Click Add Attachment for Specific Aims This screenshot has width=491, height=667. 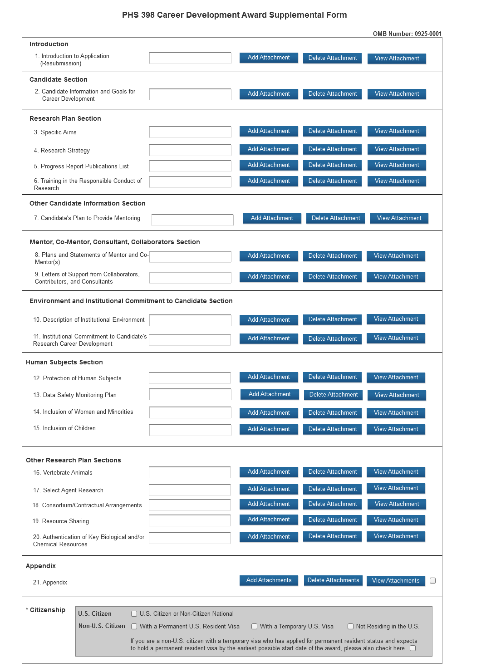[x=269, y=131]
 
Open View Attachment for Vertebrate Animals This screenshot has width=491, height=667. [x=396, y=472]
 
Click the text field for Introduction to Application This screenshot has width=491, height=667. [x=190, y=58]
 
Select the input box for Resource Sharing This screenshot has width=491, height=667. [x=190, y=520]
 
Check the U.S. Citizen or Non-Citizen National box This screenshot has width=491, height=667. [x=134, y=614]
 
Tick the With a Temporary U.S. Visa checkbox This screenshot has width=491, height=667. [x=255, y=627]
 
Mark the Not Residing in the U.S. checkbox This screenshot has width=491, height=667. [x=350, y=627]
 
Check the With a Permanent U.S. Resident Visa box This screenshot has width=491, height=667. [x=134, y=627]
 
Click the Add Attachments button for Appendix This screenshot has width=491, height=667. [x=269, y=580]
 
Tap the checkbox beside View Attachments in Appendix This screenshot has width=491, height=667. [x=432, y=580]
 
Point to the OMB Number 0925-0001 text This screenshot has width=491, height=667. [x=407, y=34]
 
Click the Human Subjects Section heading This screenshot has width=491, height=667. [x=64, y=362]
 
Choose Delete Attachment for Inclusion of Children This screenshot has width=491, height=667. [x=332, y=429]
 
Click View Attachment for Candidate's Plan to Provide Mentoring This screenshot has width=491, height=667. [x=399, y=218]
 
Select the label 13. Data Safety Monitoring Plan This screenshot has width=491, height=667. [x=75, y=395]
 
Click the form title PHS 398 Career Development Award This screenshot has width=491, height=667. [x=234, y=15]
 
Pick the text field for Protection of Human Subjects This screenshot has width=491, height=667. [x=190, y=378]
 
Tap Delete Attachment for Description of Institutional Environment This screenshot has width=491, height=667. [x=332, y=319]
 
